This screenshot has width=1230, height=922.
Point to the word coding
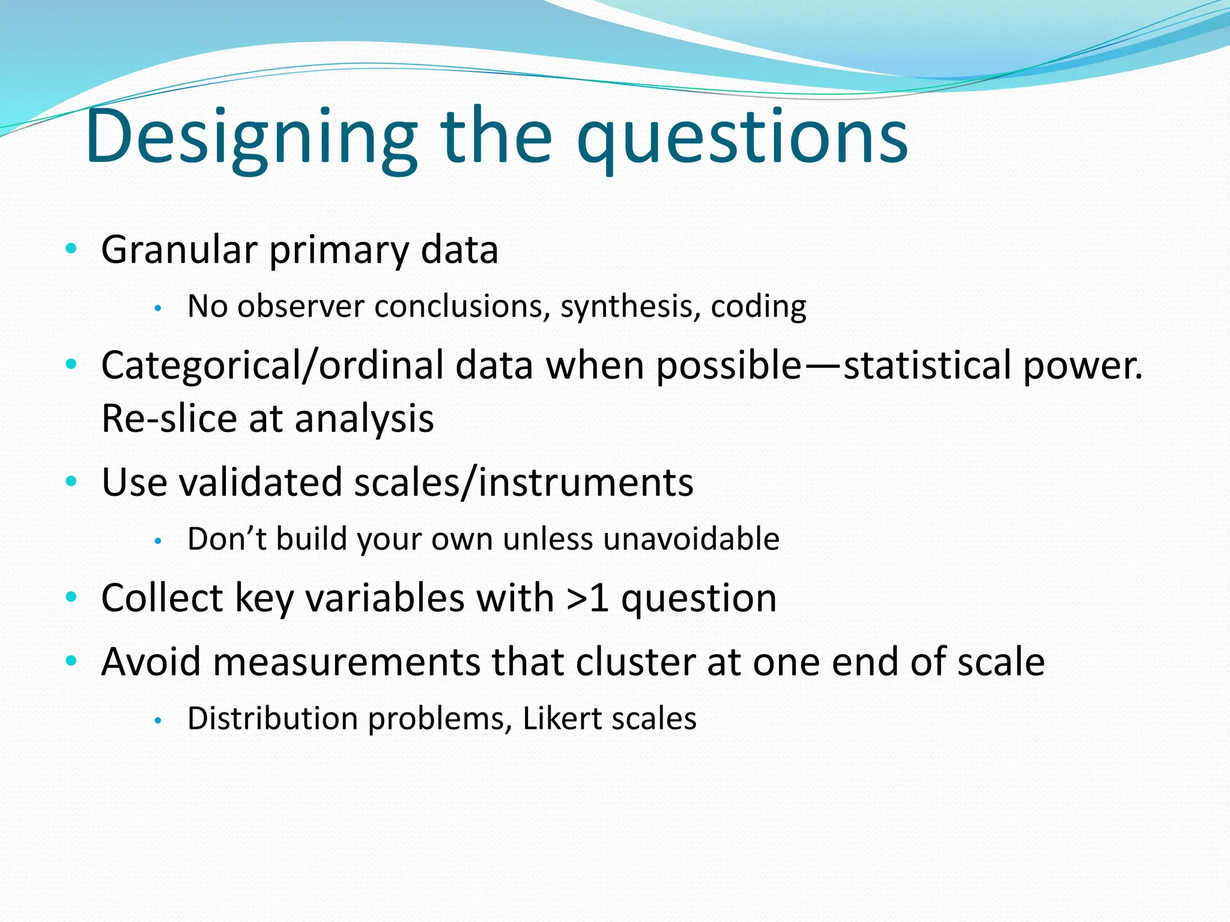[x=758, y=307]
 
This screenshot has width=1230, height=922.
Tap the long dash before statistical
[x=822, y=366]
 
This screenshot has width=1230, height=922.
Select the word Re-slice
[x=168, y=418]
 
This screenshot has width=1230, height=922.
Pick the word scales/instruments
[x=523, y=481]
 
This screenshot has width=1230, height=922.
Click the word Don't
[x=227, y=538]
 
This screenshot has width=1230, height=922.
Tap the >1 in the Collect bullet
[x=587, y=598]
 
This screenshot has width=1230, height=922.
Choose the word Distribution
[x=273, y=719]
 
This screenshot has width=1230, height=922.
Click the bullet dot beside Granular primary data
[x=71, y=249]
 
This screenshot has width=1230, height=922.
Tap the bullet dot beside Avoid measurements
[x=71, y=661]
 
